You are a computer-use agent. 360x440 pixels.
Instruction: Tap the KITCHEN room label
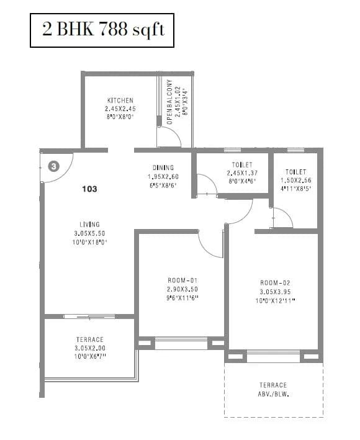[120, 101]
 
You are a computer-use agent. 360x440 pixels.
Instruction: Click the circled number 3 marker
[54, 166]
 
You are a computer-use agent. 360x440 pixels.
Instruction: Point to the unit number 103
[89, 189]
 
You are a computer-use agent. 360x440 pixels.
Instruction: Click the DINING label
[163, 168]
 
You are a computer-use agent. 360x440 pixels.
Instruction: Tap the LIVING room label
[89, 225]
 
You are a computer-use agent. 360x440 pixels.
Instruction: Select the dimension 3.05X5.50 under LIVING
[89, 233]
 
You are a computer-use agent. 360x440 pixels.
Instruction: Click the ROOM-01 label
[182, 281]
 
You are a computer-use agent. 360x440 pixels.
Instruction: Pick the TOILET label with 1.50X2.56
[296, 172]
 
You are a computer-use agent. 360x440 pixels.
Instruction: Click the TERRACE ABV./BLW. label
[273, 389]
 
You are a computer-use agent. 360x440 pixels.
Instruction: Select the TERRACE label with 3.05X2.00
[90, 339]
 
